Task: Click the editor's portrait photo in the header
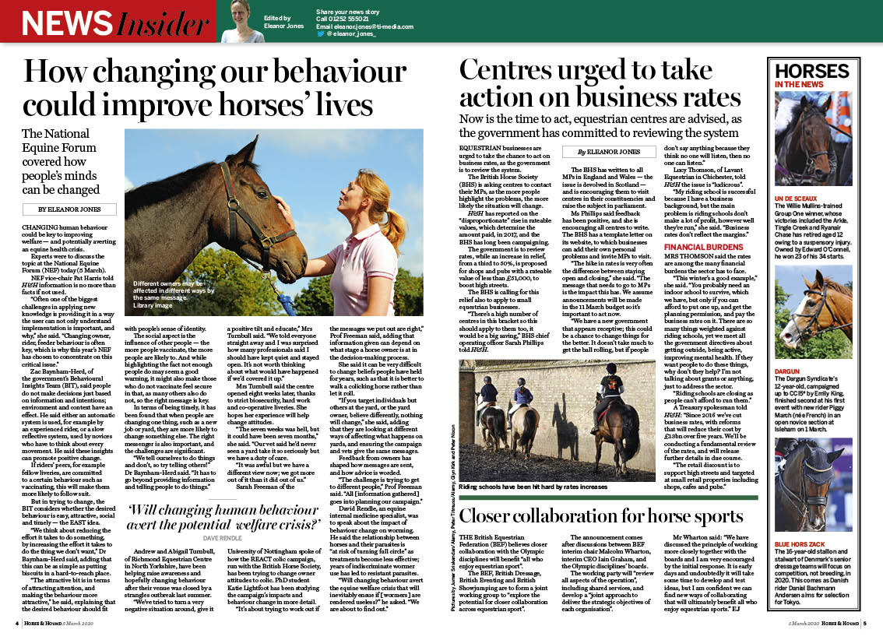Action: tap(243, 21)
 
